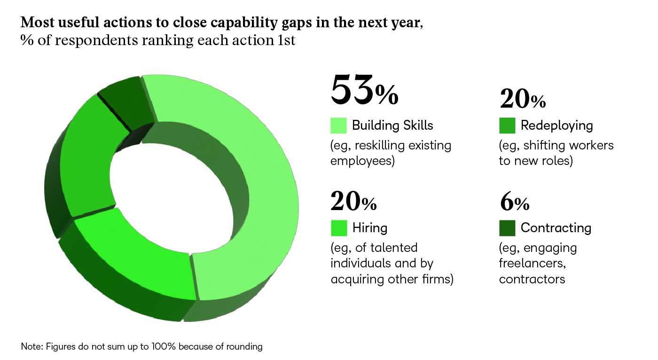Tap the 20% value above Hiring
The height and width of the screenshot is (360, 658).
coord(353,201)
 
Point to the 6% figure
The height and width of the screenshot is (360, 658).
coord(514,201)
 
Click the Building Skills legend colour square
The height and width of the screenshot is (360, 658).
coord(338,125)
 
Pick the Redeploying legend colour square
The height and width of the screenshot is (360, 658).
coord(507,125)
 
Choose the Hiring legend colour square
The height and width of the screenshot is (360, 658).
coord(338,228)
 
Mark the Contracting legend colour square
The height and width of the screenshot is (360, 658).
coord(507,228)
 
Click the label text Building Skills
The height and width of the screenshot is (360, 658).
coord(392,125)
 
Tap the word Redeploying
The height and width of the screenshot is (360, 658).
coord(556,125)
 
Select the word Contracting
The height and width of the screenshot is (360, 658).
coord(556,228)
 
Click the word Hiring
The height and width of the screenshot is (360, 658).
coord(370,228)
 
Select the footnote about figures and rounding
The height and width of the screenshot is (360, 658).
coord(141,347)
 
